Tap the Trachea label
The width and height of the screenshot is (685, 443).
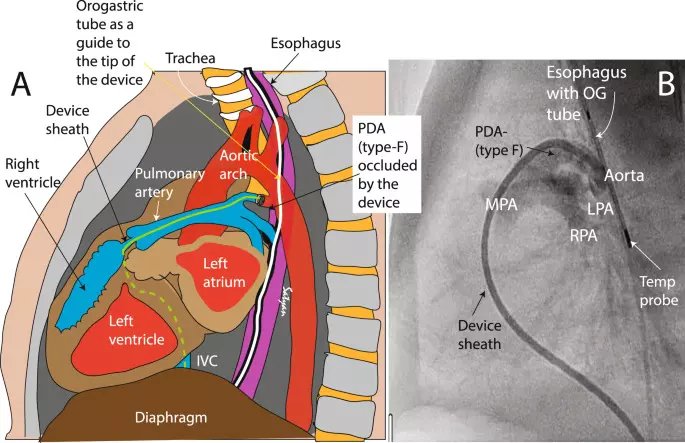pyautogui.click(x=194, y=59)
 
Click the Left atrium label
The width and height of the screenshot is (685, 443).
pyautogui.click(x=222, y=269)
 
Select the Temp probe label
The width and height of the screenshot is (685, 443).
pyautogui.click(x=653, y=290)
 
